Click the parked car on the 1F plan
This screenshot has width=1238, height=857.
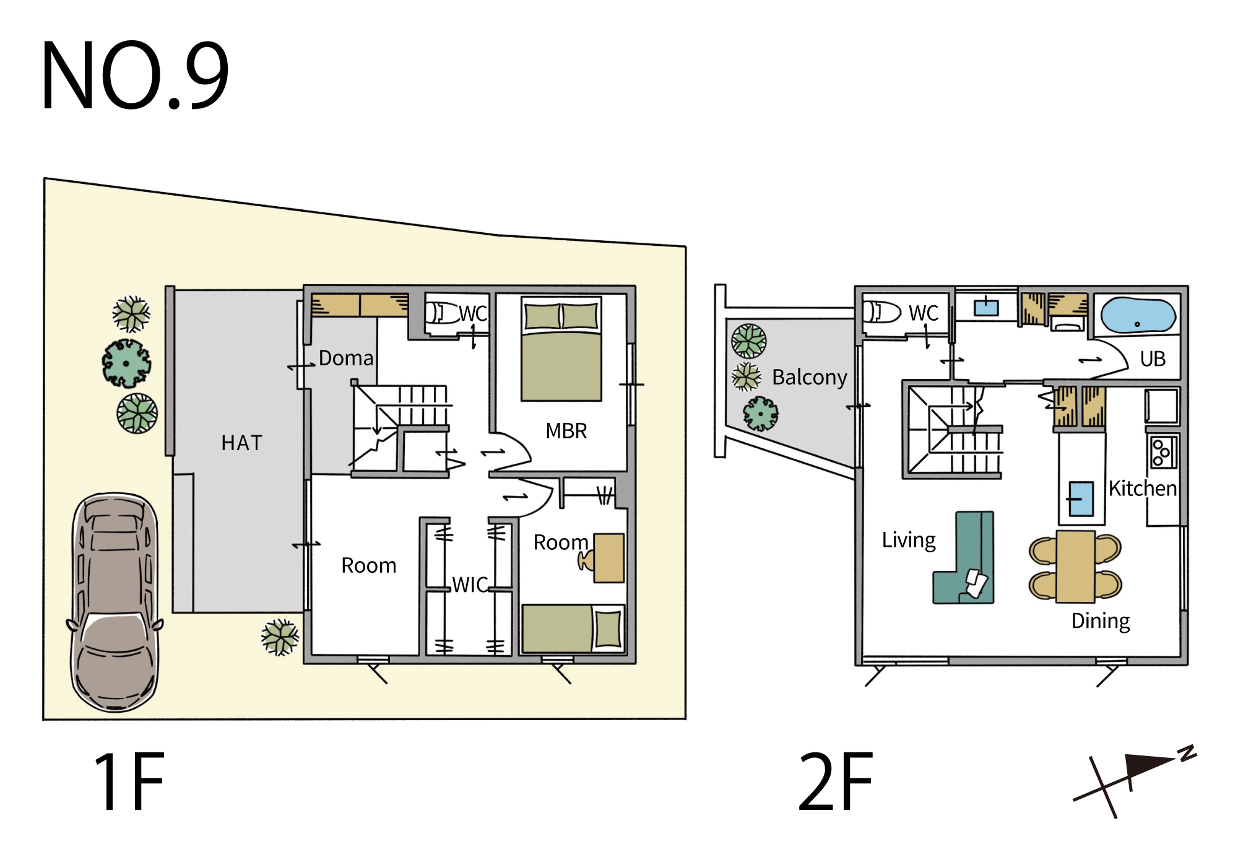(115, 602)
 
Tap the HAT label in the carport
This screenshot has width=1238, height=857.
(242, 443)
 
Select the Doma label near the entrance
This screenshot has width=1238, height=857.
(346, 359)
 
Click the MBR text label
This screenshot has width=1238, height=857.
(566, 431)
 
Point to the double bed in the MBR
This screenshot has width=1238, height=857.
(561, 349)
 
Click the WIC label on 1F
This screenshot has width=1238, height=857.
(470, 585)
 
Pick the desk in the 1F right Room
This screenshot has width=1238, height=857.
(608, 558)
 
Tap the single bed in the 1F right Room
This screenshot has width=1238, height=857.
(573, 629)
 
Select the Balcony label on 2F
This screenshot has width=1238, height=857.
(810, 377)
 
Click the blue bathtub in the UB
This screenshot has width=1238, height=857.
(1138, 315)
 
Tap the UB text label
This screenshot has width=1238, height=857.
(1153, 359)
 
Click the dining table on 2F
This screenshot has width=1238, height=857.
(1076, 566)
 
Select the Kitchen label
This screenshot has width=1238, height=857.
(1143, 489)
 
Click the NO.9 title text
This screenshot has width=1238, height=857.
(135, 76)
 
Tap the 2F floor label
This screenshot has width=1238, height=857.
(836, 781)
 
